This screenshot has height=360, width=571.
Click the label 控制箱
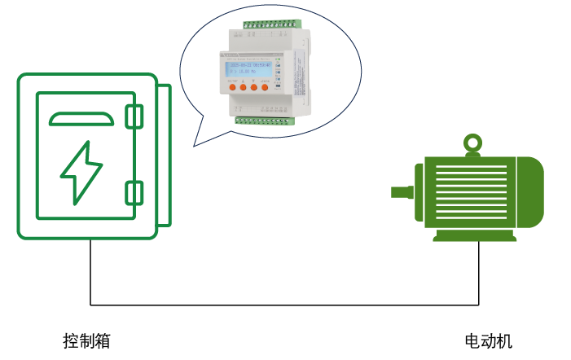(x=86, y=341)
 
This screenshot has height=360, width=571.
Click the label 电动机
(x=488, y=341)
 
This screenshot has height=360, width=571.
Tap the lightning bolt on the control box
(x=81, y=171)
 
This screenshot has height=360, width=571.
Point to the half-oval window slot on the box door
(x=81, y=121)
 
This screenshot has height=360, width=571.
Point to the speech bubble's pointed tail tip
(x=195, y=146)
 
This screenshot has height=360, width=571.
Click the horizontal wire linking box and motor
(x=285, y=305)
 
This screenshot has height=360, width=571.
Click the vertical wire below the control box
(x=90, y=273)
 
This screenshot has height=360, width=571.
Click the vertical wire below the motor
(x=480, y=273)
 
